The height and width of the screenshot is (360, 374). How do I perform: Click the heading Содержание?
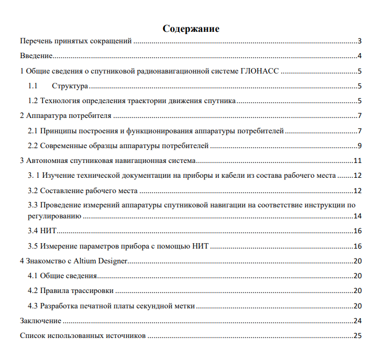pos(191,29)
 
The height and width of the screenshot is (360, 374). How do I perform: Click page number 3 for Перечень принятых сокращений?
pos(359,41)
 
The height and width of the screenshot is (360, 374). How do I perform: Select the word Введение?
pos(36,56)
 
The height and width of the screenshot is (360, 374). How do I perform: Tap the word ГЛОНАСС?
pos(260,71)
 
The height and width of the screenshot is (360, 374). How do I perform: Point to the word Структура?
pos(70,86)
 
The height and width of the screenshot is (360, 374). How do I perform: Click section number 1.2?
pos(33,101)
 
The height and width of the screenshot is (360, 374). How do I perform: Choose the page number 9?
pos(359,146)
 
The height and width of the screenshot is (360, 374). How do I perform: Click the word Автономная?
pos(49,161)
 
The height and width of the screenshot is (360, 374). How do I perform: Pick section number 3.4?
pos(33,231)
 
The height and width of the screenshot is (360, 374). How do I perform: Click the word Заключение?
pos(41,320)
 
